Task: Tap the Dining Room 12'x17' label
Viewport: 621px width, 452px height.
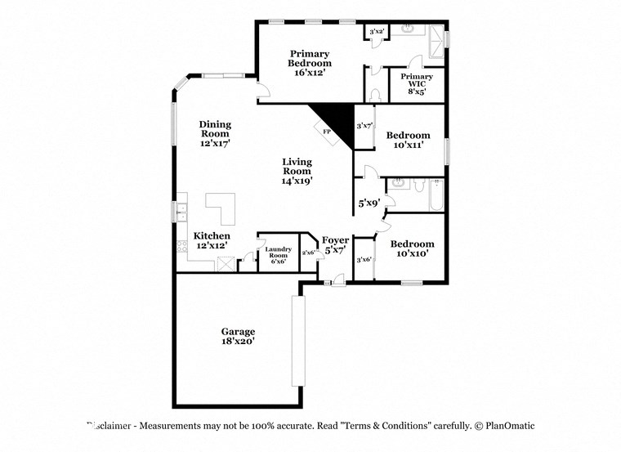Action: (x=216, y=133)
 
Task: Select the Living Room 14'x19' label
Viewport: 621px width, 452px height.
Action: (x=297, y=171)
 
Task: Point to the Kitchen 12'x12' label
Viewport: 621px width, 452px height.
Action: (x=211, y=239)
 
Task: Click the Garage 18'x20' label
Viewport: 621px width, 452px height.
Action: (x=238, y=337)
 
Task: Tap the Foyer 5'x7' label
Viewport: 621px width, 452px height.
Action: (x=335, y=244)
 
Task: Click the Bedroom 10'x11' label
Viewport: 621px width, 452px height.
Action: (x=409, y=140)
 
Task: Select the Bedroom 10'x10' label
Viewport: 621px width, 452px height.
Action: (x=412, y=248)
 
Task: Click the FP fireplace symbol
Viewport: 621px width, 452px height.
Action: (x=328, y=132)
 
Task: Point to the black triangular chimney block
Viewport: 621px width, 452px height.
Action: (x=337, y=119)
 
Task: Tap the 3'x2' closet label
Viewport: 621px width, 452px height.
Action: (x=377, y=32)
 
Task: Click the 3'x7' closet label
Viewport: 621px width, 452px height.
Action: (x=364, y=127)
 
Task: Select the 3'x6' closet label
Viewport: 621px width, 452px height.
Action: (x=364, y=259)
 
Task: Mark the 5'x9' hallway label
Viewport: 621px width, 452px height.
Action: (x=369, y=202)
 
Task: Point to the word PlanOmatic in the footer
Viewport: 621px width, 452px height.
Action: (x=510, y=426)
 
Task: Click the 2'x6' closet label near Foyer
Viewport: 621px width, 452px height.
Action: (x=309, y=253)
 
